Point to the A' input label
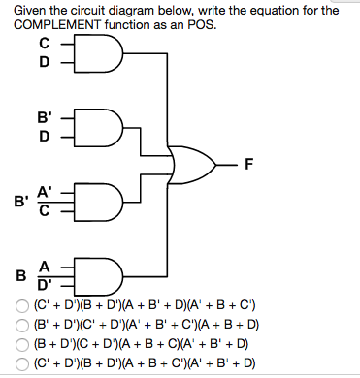(45, 193)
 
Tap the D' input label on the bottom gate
(45, 284)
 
